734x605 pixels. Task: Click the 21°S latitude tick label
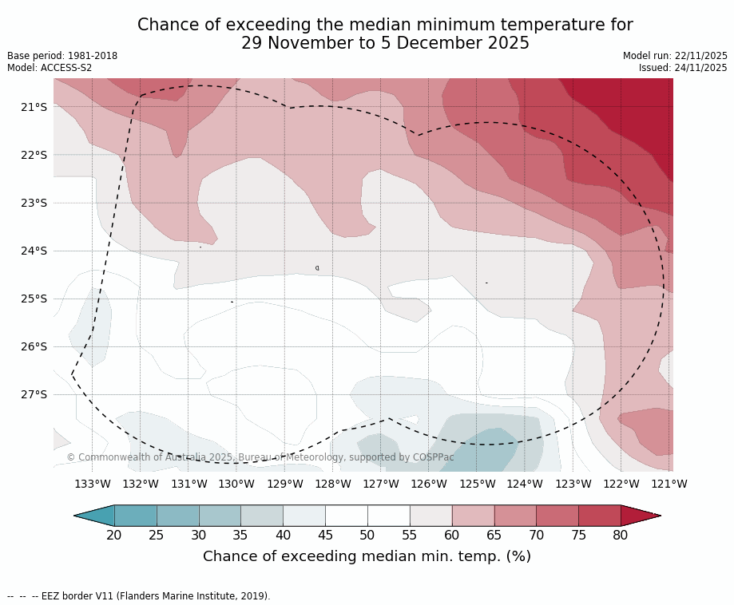point(33,107)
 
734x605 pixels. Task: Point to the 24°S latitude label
point(33,251)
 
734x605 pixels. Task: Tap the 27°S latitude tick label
point(33,394)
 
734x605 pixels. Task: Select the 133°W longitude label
point(93,484)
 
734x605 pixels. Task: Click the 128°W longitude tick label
point(333,484)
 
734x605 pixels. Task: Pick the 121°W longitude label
point(669,484)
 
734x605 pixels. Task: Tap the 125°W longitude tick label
point(477,484)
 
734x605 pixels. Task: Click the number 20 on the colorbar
point(114,535)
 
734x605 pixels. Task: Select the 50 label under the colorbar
point(367,535)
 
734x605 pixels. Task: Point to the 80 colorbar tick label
point(621,535)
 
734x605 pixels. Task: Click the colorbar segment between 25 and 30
point(177,516)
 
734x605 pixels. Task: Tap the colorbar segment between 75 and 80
point(599,516)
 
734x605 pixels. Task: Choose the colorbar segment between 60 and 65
point(473,516)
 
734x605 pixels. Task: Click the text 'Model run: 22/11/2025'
point(675,56)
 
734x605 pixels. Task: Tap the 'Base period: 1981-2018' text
point(62,56)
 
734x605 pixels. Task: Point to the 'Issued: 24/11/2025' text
point(683,68)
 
